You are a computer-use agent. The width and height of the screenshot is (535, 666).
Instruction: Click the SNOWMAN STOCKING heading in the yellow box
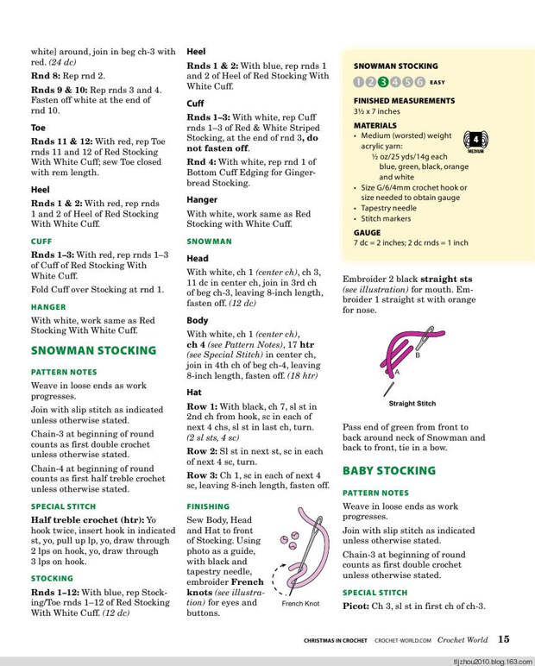[395, 66]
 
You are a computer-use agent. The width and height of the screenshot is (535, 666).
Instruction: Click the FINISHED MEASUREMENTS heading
[404, 101]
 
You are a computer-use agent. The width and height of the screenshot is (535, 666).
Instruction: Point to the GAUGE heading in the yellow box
[367, 233]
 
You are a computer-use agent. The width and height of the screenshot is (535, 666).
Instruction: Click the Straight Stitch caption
[412, 404]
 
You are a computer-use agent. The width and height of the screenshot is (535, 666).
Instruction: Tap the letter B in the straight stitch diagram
[418, 355]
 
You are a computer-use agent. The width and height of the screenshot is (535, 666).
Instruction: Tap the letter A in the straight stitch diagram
[397, 373]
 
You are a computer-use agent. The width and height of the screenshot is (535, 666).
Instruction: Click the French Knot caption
[299, 604]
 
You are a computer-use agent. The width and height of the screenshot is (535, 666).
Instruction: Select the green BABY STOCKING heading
[389, 471]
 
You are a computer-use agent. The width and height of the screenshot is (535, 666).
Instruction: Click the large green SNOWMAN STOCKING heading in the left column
[93, 351]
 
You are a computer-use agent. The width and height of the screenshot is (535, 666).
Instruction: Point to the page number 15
[503, 639]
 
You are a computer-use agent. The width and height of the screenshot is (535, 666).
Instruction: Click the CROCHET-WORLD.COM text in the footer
[403, 641]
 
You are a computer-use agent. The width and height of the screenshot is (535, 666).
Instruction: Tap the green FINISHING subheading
[208, 506]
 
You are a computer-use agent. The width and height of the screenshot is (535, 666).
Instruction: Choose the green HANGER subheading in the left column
[48, 306]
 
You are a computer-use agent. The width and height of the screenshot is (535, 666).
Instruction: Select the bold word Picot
[357, 606]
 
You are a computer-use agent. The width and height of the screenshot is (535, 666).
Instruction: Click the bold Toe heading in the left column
[39, 128]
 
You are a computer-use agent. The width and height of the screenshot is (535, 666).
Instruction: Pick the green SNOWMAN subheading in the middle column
[209, 242]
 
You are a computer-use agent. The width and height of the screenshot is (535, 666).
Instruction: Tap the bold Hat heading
[195, 392]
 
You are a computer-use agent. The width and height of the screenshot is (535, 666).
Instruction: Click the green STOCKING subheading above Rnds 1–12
[52, 579]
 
